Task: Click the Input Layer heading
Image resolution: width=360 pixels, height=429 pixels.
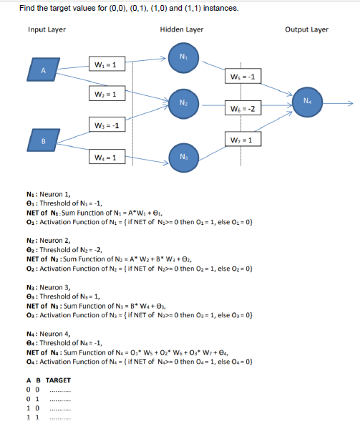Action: point(47,29)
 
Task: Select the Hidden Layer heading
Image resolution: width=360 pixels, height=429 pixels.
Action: point(182,29)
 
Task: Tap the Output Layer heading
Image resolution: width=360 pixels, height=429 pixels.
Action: point(306,29)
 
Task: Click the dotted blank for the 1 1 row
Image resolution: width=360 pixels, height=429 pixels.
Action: point(58,416)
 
